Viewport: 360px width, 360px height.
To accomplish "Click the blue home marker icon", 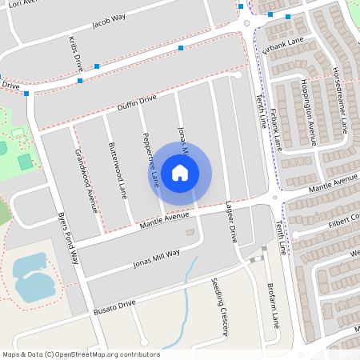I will tap(180, 172).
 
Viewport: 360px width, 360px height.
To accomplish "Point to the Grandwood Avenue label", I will tap(86, 180).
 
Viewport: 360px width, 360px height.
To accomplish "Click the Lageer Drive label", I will tap(231, 222).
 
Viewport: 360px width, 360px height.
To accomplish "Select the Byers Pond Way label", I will tap(70, 239).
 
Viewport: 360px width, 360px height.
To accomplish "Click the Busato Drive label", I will tap(115, 306).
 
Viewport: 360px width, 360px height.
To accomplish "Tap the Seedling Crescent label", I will tap(221, 309).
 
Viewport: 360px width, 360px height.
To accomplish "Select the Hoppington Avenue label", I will tap(308, 112).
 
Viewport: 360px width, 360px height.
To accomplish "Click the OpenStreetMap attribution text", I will tap(80, 354).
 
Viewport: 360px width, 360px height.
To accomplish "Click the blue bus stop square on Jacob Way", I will tap(181, 48).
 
